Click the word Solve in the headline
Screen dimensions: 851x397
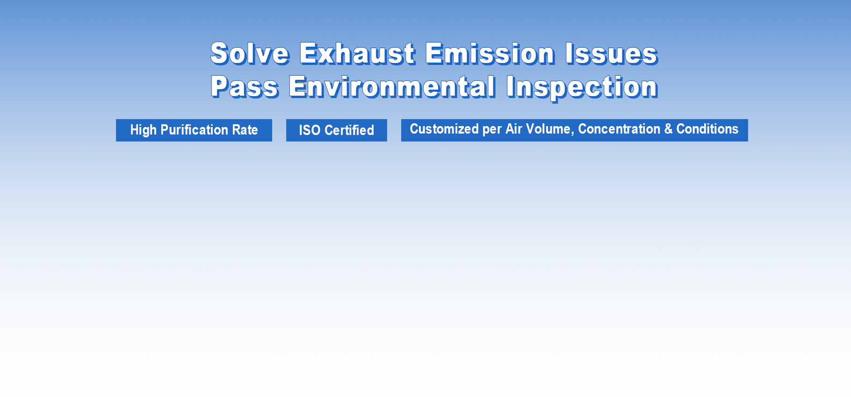click(x=250, y=53)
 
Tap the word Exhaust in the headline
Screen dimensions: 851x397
click(x=358, y=53)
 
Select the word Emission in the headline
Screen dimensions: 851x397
click(x=490, y=53)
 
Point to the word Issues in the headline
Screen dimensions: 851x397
click(x=612, y=53)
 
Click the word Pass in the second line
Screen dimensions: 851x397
click(x=245, y=87)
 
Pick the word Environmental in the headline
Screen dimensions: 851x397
click(x=392, y=87)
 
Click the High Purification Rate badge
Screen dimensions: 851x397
click(x=194, y=130)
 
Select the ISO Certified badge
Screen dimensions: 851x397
click(x=337, y=130)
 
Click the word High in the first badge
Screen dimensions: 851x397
click(x=143, y=130)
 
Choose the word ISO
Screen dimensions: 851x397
click(x=310, y=130)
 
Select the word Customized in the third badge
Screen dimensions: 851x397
click(x=444, y=129)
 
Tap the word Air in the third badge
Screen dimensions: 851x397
click(x=513, y=129)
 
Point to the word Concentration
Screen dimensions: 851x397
click(x=619, y=129)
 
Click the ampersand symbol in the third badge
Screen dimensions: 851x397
click(x=668, y=129)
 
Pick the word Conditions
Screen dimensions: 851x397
click(x=707, y=129)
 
